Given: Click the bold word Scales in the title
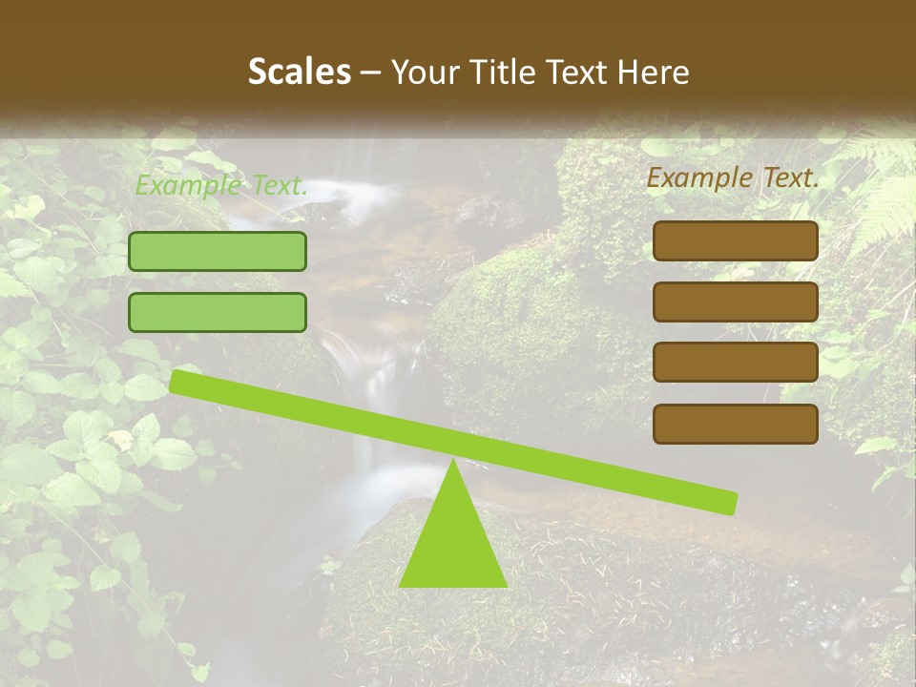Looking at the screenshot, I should [299, 73].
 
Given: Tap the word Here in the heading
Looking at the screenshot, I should [653, 73].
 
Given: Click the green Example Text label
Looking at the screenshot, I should [221, 186].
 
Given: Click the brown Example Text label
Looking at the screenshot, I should [733, 177].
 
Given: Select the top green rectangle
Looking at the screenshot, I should [218, 251].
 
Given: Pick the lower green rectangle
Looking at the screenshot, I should [218, 312].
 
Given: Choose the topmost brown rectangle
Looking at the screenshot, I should [736, 240].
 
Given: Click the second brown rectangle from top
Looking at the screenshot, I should [736, 302].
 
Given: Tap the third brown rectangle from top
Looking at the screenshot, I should [736, 363].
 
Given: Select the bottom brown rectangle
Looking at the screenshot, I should [736, 424].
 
